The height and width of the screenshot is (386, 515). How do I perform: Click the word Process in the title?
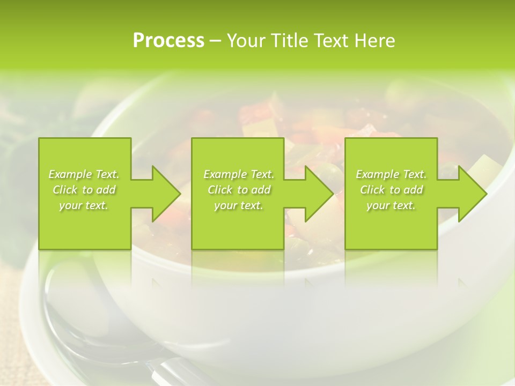point(168,41)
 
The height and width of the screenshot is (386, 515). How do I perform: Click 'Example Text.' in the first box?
point(84,174)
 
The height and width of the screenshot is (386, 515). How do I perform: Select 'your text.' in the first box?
point(84,205)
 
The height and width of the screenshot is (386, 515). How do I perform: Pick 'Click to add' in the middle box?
point(239,190)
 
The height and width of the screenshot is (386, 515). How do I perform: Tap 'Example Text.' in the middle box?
point(239,174)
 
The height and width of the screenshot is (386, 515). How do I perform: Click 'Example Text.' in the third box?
point(391,174)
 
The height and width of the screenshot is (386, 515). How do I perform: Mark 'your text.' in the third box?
point(391,205)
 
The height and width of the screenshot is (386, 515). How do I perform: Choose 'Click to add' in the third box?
point(391,190)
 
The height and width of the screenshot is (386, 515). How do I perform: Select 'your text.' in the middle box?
point(239,205)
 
